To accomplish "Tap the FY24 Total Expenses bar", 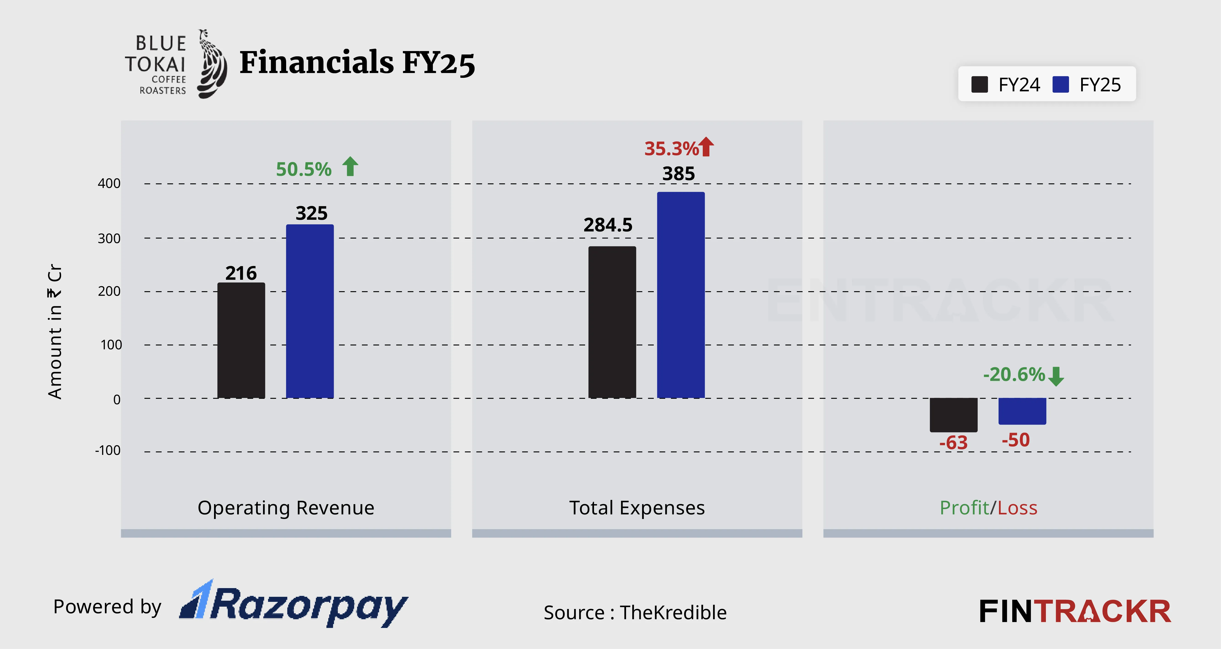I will pyautogui.click(x=612, y=322).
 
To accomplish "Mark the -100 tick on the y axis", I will pyautogui.click(x=108, y=450).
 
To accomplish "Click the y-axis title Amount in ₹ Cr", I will pyautogui.click(x=55, y=332).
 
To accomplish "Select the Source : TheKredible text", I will pyautogui.click(x=635, y=613).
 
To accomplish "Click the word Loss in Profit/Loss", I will pyautogui.click(x=1017, y=508).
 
